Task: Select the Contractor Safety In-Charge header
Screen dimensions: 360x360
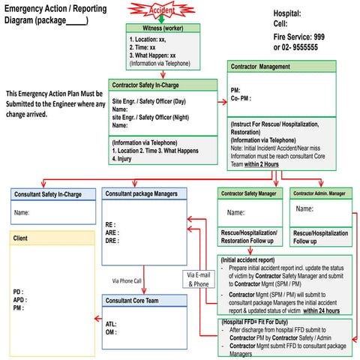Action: [154, 85]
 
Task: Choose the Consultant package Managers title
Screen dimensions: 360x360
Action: [141, 193]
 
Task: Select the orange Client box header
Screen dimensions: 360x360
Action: [22, 238]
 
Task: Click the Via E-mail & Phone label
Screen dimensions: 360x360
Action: [197, 280]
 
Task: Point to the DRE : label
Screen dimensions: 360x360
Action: [113, 241]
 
